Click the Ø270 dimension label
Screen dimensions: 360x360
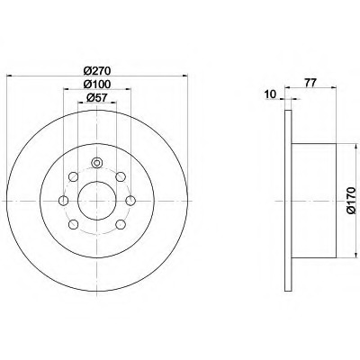[x=97, y=71]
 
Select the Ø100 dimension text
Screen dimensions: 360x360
[x=97, y=85]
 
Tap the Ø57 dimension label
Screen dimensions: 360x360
[x=97, y=98]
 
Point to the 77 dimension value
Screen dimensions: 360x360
[x=310, y=83]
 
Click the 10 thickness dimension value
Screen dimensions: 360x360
[x=270, y=94]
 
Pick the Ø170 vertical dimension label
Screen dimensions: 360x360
[x=350, y=201]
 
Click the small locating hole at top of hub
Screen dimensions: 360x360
[x=96, y=163]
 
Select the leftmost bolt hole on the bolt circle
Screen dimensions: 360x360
[x=64, y=201]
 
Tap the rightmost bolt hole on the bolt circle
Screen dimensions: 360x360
[x=130, y=201]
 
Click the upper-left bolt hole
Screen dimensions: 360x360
[x=73, y=176]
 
